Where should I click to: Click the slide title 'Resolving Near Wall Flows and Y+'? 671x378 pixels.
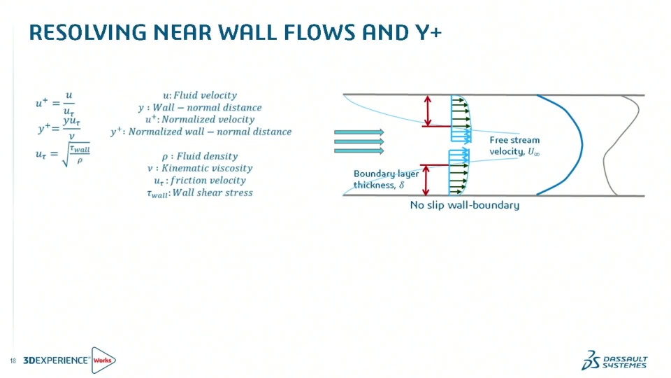point(235,32)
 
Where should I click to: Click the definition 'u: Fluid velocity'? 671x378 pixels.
point(199,95)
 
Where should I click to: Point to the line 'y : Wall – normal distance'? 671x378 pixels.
point(200,107)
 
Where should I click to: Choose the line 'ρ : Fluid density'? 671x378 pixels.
point(199,156)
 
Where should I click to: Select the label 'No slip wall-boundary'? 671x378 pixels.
point(464,205)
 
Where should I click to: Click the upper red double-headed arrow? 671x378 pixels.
point(428,110)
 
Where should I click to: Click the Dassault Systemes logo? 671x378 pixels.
point(614,360)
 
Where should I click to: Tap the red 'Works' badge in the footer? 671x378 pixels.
point(103,360)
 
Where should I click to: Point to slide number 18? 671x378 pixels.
point(13,360)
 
